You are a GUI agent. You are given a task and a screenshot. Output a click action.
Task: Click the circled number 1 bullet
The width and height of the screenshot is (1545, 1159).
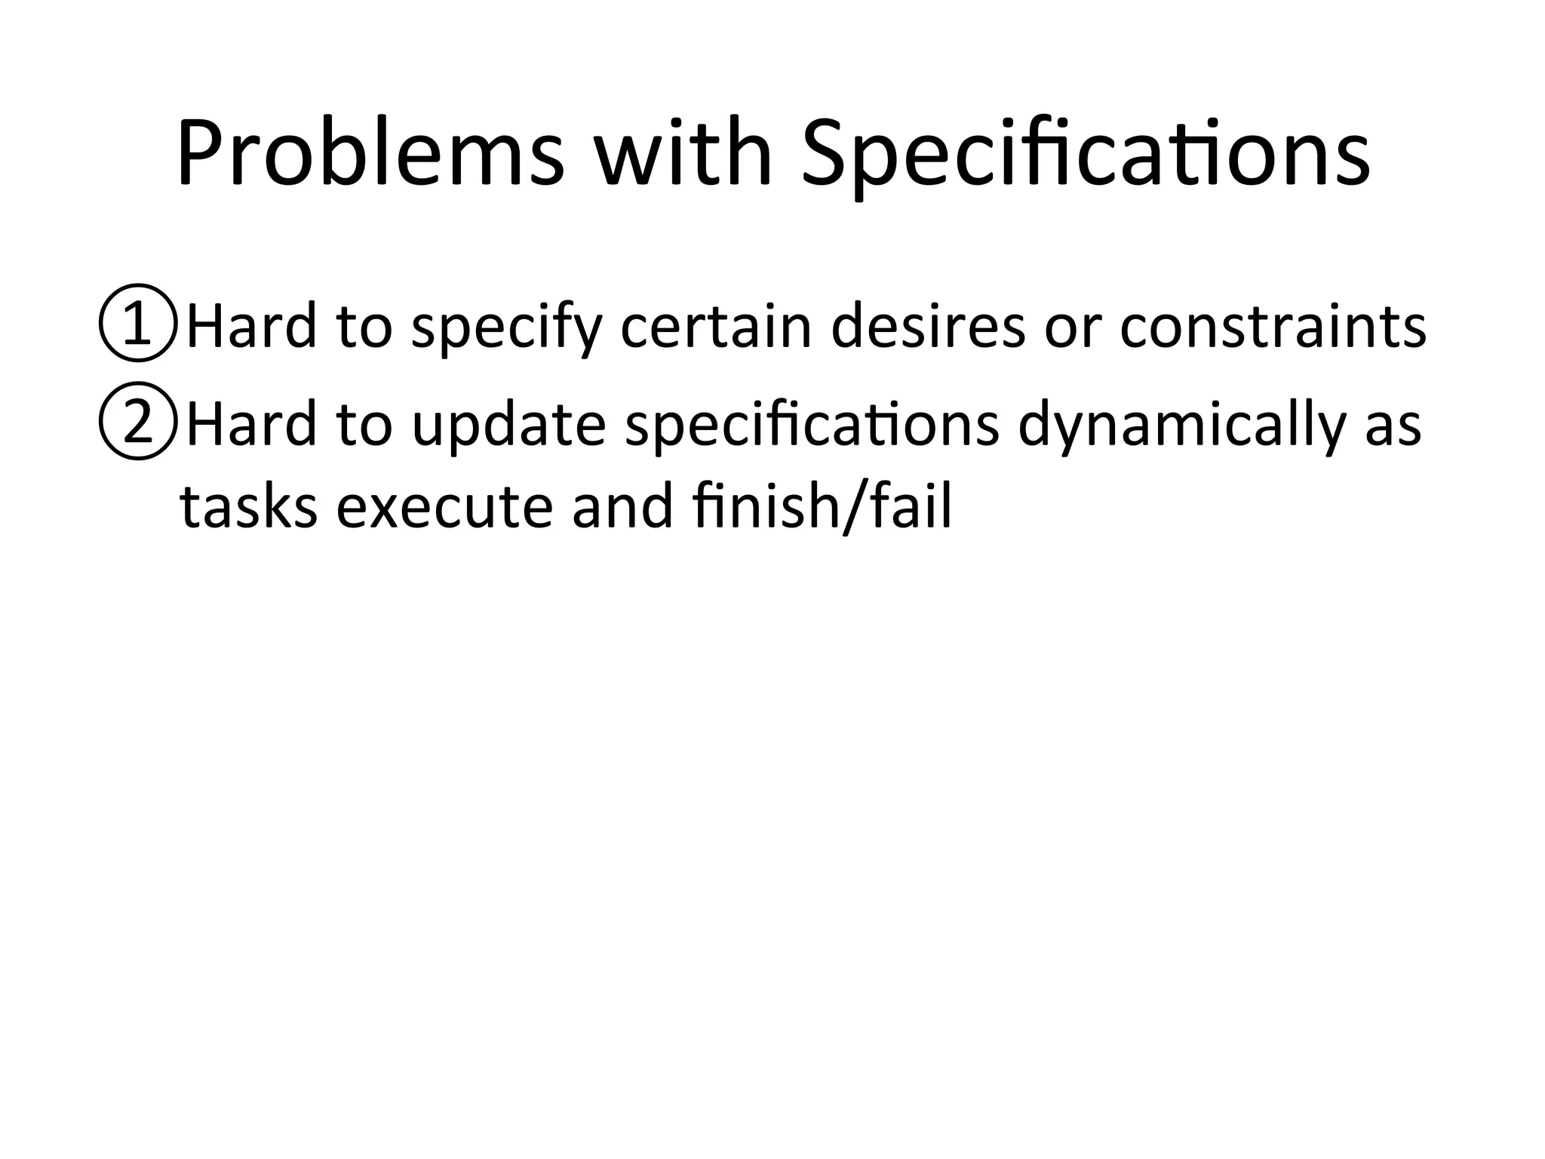point(137,323)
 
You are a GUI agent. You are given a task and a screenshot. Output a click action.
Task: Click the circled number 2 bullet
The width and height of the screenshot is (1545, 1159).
point(137,423)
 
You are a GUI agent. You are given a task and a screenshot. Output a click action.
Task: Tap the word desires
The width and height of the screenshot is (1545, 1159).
point(927,326)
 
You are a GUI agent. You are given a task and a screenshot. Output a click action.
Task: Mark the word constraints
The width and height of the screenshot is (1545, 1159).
point(1273,326)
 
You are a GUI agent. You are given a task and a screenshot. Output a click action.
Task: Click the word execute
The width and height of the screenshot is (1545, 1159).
point(444,507)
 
